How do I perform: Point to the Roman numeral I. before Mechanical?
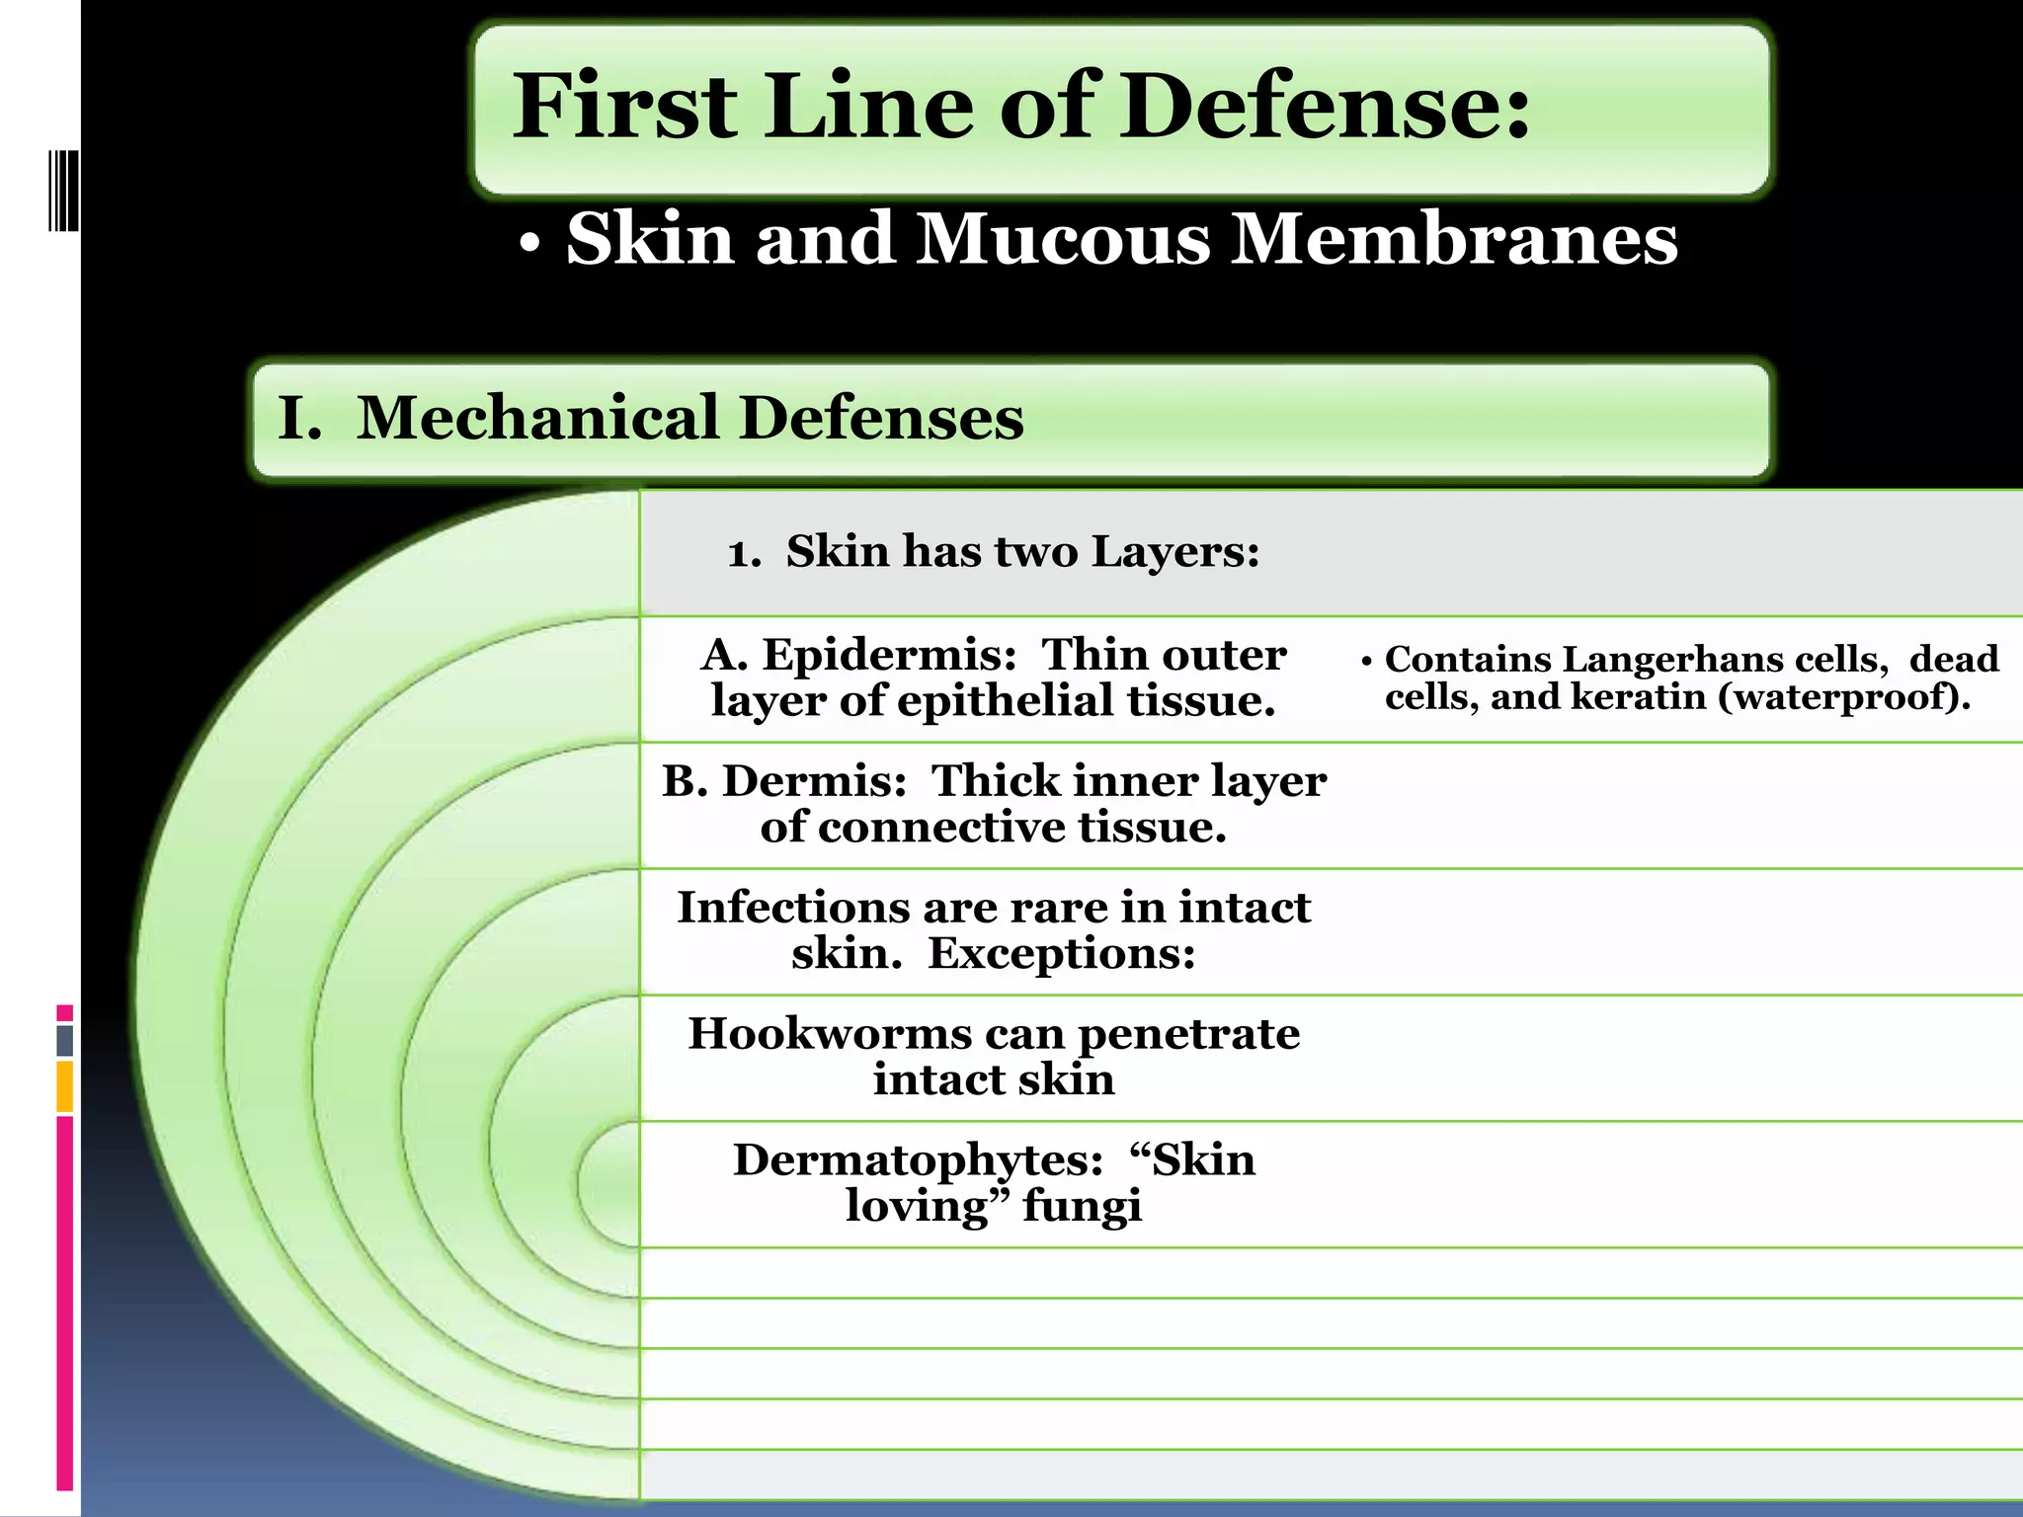click(299, 418)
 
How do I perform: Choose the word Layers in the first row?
click(1174, 551)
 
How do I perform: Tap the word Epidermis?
click(889, 655)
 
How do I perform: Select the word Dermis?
click(815, 781)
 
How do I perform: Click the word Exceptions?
click(1061, 954)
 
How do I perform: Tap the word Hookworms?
click(830, 1034)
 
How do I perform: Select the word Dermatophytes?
click(918, 1160)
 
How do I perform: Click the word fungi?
click(1082, 1206)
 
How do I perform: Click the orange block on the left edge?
click(65, 1086)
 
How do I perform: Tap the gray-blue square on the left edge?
click(65, 1040)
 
